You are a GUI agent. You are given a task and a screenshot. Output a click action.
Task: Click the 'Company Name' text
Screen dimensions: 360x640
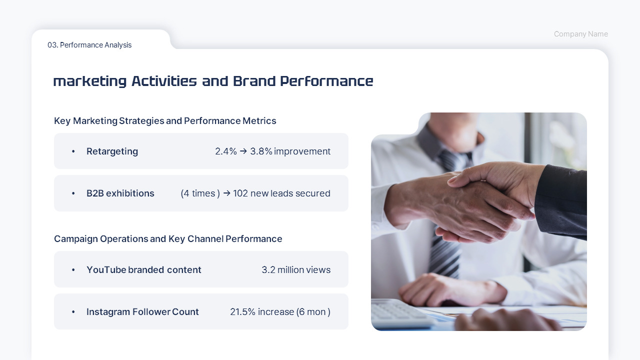click(x=580, y=34)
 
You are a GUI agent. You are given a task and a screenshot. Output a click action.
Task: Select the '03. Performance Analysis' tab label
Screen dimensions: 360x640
click(x=89, y=45)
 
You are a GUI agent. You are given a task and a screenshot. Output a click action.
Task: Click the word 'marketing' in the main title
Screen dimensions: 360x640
click(x=89, y=81)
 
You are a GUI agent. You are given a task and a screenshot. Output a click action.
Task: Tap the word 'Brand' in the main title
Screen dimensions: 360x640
click(x=253, y=81)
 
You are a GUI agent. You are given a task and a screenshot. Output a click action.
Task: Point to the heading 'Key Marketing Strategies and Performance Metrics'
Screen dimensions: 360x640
click(x=165, y=121)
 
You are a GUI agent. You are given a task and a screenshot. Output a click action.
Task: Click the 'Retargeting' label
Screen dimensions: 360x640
click(x=112, y=151)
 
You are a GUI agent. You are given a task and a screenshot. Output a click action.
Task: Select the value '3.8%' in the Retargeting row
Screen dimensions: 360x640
click(x=261, y=151)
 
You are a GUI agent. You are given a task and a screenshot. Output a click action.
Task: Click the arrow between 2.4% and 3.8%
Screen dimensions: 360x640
click(x=243, y=151)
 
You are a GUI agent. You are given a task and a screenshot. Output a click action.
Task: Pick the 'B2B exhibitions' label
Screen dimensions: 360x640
click(x=120, y=193)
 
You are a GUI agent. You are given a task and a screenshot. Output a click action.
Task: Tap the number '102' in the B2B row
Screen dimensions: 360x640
click(x=240, y=193)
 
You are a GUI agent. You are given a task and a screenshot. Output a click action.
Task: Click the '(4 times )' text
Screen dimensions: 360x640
click(x=200, y=193)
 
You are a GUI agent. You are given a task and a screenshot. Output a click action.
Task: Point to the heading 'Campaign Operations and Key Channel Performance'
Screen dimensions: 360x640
click(x=168, y=239)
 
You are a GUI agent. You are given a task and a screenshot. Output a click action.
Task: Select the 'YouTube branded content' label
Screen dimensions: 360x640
click(x=143, y=270)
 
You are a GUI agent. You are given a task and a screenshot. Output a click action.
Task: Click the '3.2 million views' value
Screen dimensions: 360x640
click(x=296, y=270)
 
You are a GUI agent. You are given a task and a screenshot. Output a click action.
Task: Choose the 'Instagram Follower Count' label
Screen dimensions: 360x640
click(x=142, y=312)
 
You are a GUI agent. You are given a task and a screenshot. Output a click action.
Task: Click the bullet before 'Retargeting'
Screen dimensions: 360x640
click(x=73, y=151)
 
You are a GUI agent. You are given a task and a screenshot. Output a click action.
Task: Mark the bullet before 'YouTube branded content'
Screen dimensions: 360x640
click(x=73, y=270)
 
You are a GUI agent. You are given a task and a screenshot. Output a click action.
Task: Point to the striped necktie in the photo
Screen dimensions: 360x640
click(x=445, y=250)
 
